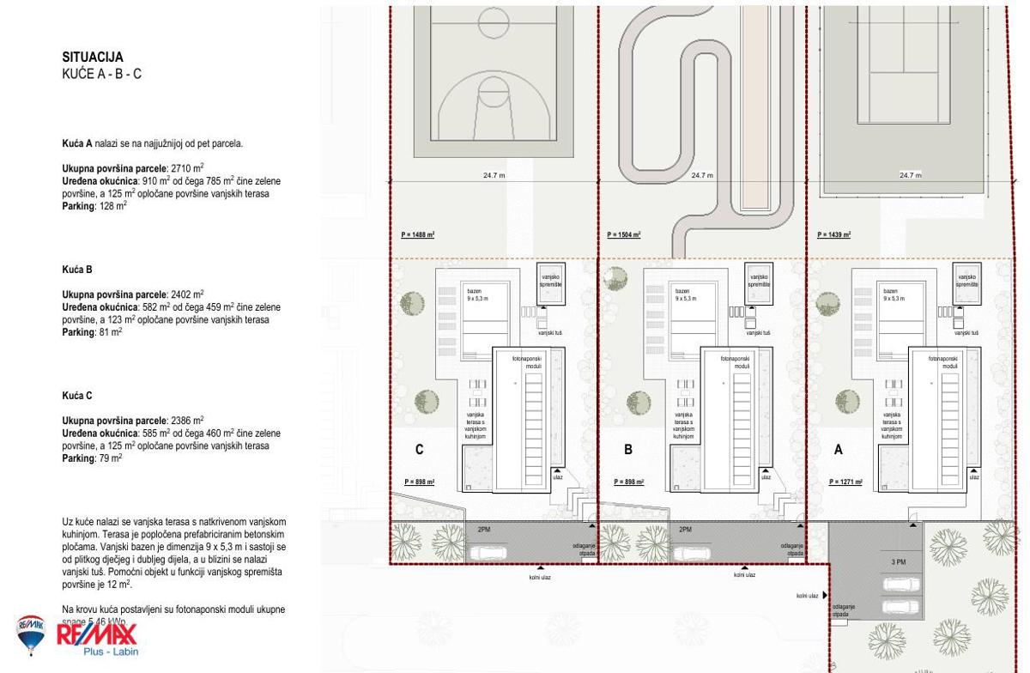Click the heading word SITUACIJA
coord(93,58)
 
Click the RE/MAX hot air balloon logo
coord(31,634)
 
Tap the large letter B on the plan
coord(628,450)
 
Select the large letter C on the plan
coord(419,450)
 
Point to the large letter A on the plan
coord(839,450)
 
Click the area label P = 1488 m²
coord(418,234)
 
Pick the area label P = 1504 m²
coord(624,234)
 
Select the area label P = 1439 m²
coord(833,234)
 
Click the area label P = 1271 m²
coord(845,482)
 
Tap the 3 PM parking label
coord(898,562)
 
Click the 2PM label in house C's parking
coord(484,530)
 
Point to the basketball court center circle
coord(494,20)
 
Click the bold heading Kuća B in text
coord(77,270)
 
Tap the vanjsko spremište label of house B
coord(759,281)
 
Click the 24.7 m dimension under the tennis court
coord(911,175)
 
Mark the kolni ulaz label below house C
coord(540,577)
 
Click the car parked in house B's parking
coord(692,553)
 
